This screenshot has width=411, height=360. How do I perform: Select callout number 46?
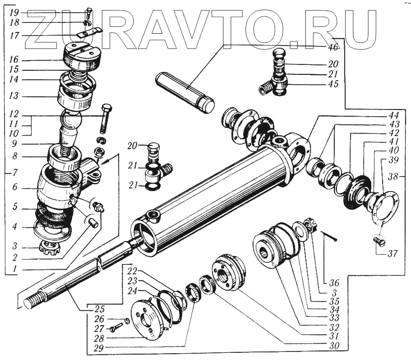333,47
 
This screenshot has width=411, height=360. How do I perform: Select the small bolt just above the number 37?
379,240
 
